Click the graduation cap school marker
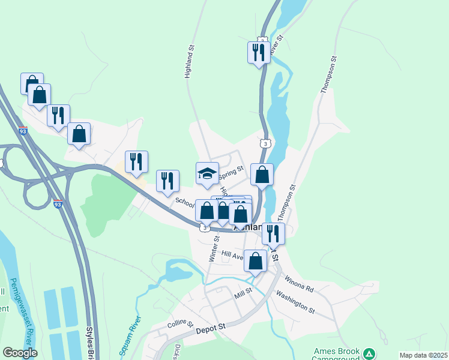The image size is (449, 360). click(x=208, y=173)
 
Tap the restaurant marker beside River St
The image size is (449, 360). click(x=258, y=52)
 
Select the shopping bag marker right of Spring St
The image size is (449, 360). click(x=262, y=175)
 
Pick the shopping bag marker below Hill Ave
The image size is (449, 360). click(x=256, y=261)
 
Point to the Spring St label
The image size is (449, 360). click(x=231, y=175)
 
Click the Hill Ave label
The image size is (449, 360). click(x=232, y=254)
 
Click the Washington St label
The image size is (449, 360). click(x=295, y=302)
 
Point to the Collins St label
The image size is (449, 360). click(x=180, y=325)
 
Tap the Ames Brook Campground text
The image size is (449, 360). click(x=337, y=355)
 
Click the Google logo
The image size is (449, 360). click(x=20, y=353)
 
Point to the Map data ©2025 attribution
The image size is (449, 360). click(x=423, y=355)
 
